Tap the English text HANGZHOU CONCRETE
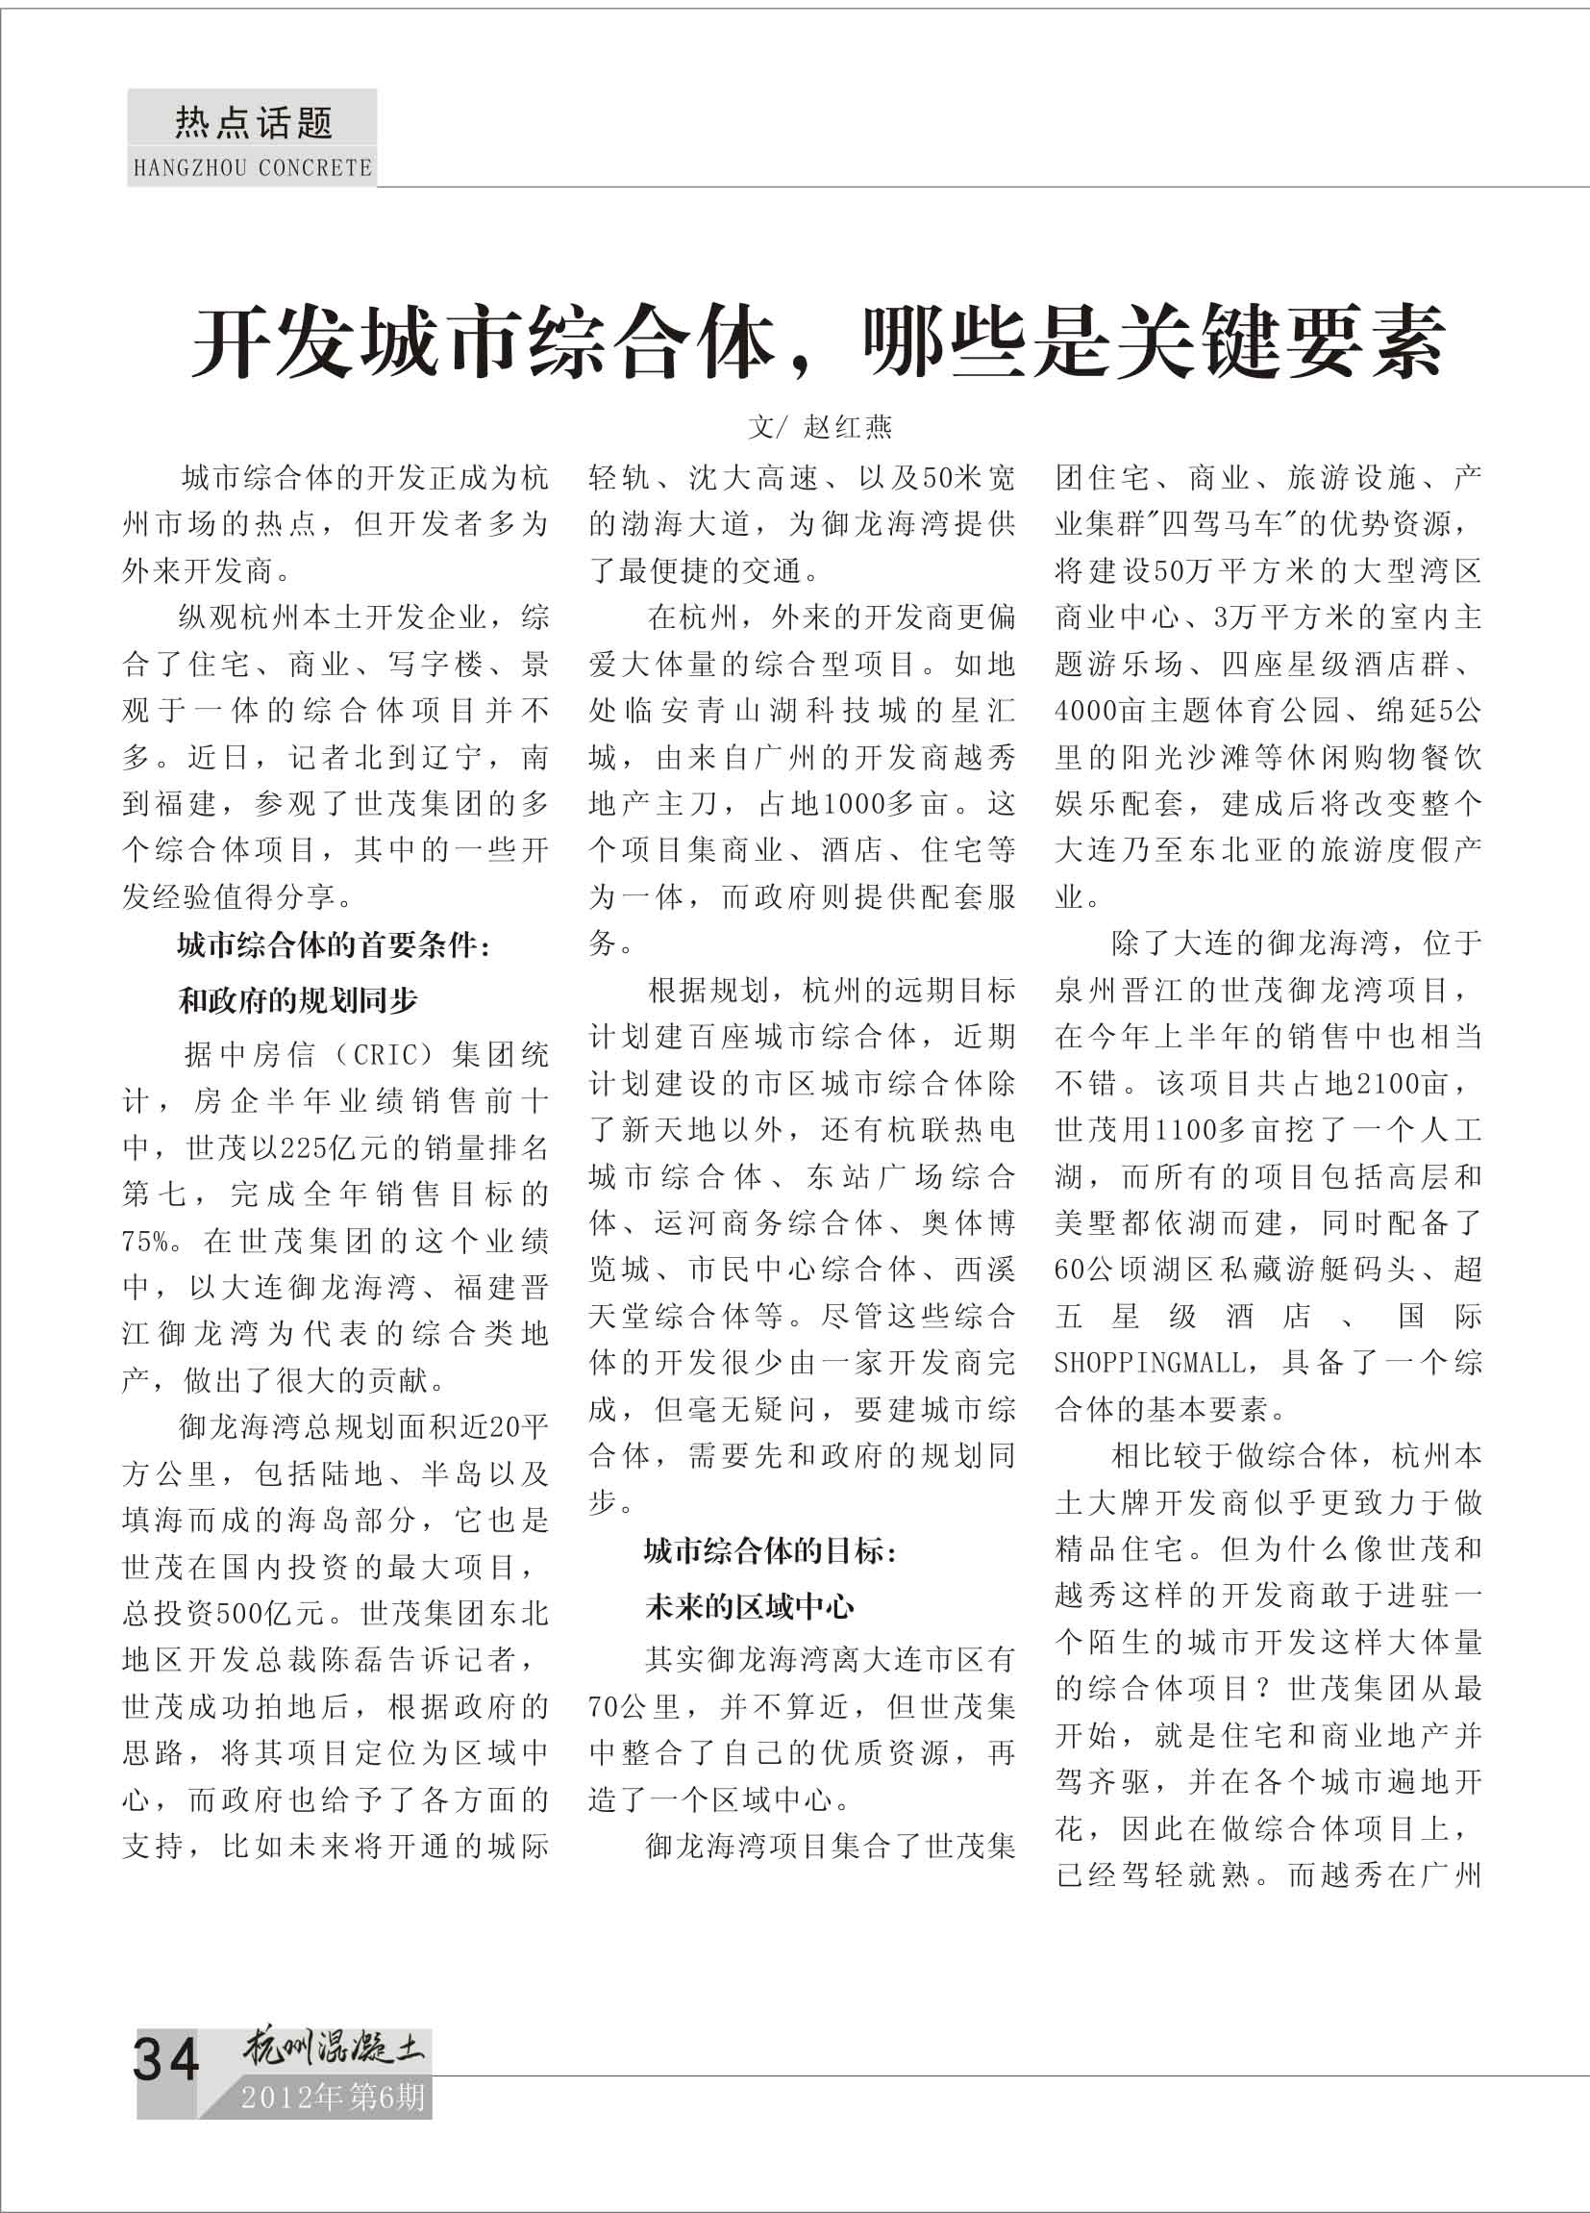pos(253,168)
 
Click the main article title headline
pos(816,342)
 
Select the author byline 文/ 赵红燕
pos(819,427)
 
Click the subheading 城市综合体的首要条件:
pos(334,944)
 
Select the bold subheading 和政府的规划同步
pos(297,1000)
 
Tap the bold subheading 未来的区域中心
pos(749,1606)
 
